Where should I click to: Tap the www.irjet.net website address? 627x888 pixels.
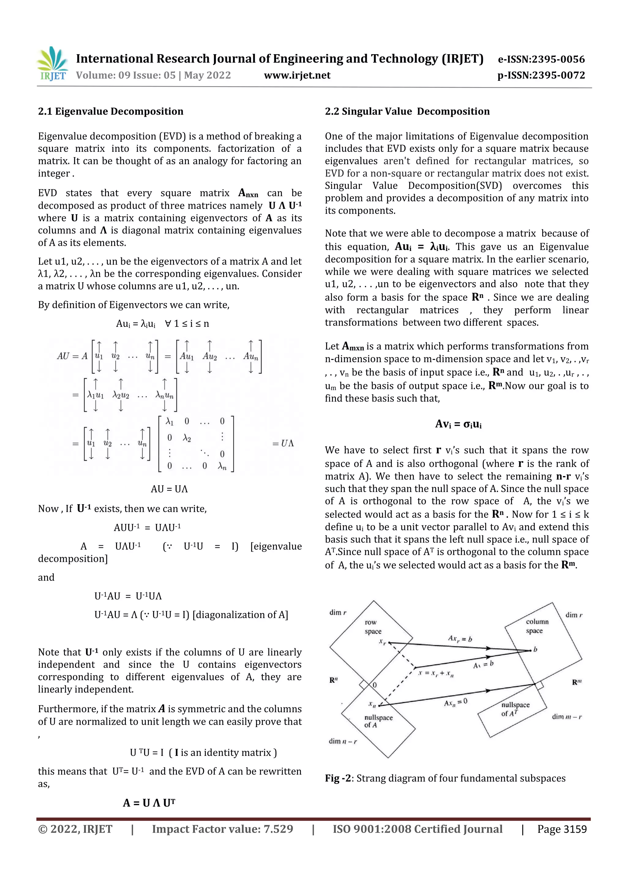coord(297,75)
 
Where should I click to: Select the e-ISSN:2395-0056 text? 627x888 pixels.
coord(541,59)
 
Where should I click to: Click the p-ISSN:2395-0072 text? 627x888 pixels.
coord(541,75)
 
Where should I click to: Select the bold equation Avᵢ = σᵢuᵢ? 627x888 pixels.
coord(458,424)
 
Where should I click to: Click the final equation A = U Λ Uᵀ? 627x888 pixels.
coord(149,803)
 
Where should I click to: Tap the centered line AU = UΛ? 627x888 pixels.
coord(169,489)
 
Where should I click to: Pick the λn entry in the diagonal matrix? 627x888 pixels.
coord(222,467)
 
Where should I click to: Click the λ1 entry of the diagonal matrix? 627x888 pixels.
coord(170,421)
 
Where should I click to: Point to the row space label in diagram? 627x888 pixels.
coord(373,627)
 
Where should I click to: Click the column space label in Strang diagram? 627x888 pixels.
coord(537,626)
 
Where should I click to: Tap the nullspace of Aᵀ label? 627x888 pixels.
coord(515,709)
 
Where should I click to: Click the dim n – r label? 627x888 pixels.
coord(343,741)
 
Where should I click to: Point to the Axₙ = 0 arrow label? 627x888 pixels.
coord(456,702)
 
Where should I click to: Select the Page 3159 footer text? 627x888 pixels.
coord(562,829)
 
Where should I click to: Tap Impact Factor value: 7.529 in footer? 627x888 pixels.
coord(223,829)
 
